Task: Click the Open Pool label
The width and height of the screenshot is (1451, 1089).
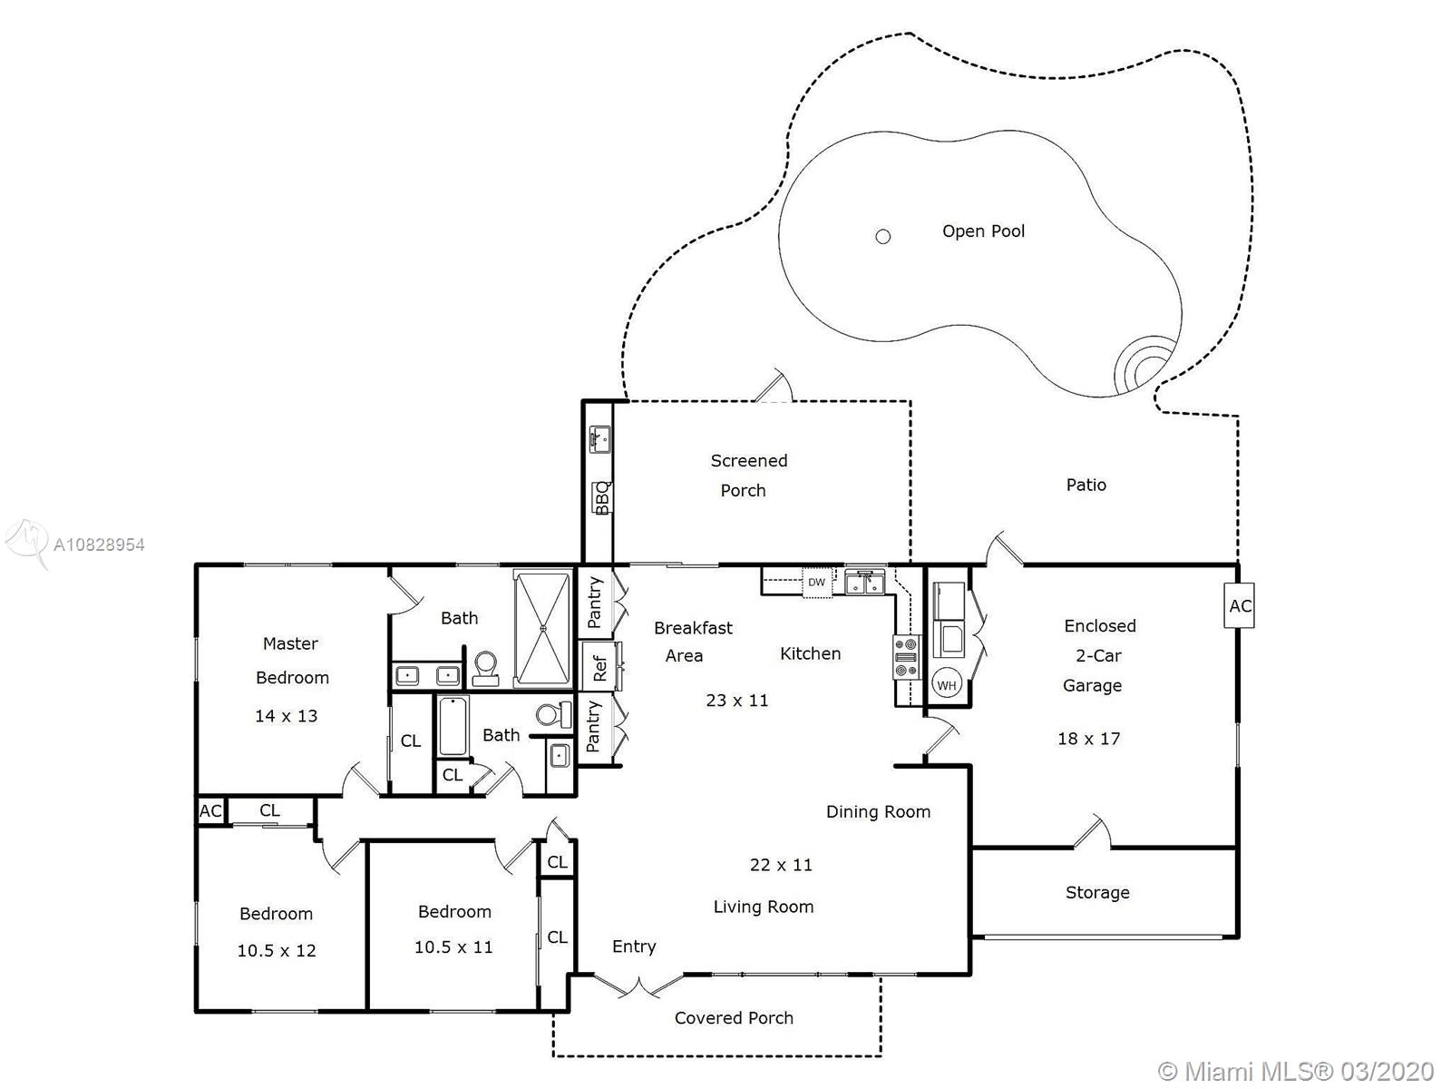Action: pyautogui.click(x=983, y=231)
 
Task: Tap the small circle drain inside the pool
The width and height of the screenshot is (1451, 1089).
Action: pyautogui.click(x=882, y=237)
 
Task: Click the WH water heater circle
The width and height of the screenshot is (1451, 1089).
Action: pyautogui.click(x=946, y=685)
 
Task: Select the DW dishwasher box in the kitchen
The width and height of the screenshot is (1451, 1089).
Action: pyautogui.click(x=816, y=583)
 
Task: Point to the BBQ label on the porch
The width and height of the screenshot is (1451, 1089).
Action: pyautogui.click(x=601, y=498)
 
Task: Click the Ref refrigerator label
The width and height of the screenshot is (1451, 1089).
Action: pyautogui.click(x=599, y=668)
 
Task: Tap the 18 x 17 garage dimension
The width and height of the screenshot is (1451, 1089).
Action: pyautogui.click(x=1089, y=739)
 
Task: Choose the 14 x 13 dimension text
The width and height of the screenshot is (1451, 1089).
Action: pyautogui.click(x=287, y=716)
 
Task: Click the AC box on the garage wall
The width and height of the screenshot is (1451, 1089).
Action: pyautogui.click(x=1240, y=605)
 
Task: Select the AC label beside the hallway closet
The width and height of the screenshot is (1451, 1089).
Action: pyautogui.click(x=211, y=810)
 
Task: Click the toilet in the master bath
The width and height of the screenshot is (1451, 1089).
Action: pyautogui.click(x=486, y=669)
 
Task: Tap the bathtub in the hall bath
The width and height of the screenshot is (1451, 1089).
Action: pyautogui.click(x=453, y=725)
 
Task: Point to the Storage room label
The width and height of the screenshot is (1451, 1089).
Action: pyautogui.click(x=1097, y=893)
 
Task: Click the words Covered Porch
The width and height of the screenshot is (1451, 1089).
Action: pyautogui.click(x=734, y=1017)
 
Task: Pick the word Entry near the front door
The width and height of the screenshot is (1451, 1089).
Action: pyautogui.click(x=634, y=947)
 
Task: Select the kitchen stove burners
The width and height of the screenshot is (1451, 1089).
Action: pyautogui.click(x=906, y=657)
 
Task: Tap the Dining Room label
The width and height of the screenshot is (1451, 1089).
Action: pyautogui.click(x=878, y=812)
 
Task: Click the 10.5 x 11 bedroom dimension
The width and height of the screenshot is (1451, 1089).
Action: pyautogui.click(x=453, y=947)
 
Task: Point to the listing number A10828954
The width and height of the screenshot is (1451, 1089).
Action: pyautogui.click(x=99, y=544)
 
